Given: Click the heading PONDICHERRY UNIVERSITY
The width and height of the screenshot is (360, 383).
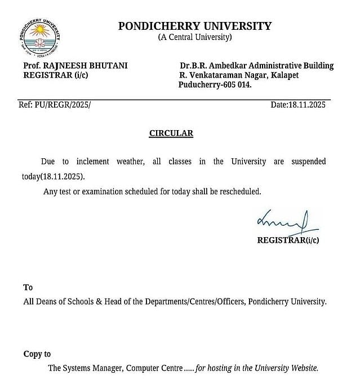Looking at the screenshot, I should click(194, 26).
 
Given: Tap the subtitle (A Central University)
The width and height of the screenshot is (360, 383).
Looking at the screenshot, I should click(194, 37).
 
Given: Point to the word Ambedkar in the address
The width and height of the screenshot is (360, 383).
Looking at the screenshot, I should click(232, 65).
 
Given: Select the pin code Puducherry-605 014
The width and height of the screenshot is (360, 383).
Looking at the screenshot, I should click(215, 84).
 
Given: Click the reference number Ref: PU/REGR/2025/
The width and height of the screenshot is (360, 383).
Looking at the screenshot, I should click(55, 105).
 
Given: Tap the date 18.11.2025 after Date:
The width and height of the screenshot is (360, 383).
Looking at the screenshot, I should click(307, 105).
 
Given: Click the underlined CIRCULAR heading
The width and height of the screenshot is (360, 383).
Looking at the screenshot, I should click(171, 133).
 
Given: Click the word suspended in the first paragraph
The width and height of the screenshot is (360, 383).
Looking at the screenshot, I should click(308, 162).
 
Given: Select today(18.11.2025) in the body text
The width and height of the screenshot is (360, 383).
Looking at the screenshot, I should click(54, 176).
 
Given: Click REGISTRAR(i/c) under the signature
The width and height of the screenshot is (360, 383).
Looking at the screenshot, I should click(288, 240).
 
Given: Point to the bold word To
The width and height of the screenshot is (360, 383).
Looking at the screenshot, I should click(28, 287).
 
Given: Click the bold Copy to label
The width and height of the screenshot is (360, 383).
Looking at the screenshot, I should click(37, 354).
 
